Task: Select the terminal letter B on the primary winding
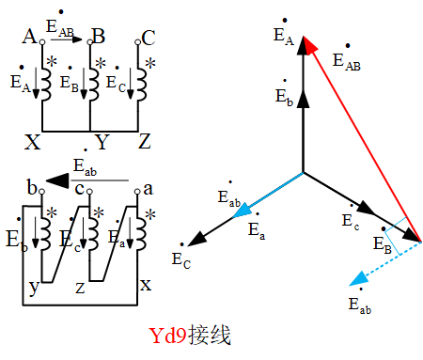pos(98,38)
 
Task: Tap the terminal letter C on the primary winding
pos(148,38)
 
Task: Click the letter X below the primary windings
pos(33,142)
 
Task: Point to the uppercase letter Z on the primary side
pos(144,142)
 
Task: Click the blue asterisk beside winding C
pos(150,63)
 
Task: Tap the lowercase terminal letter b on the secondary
pos(32,191)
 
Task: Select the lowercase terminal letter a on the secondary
pos(146,190)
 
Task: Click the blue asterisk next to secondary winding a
pos(151,215)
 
